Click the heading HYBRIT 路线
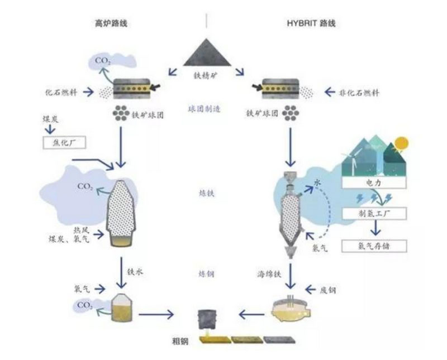(x=308, y=24)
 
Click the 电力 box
(x=373, y=182)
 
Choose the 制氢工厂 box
(x=375, y=213)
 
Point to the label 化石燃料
(x=64, y=92)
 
